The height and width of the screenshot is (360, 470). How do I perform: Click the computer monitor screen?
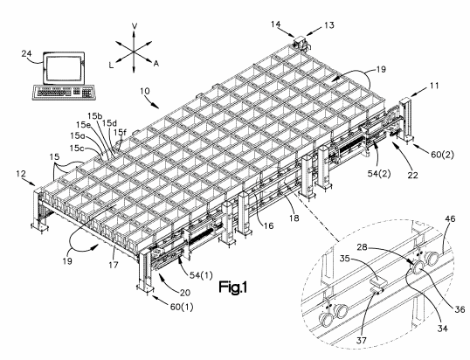pos(64,69)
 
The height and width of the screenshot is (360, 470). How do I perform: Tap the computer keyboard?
pos(64,92)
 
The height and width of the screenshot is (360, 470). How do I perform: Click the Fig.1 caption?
pos(232,287)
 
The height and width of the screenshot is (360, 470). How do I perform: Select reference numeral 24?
pos(27,53)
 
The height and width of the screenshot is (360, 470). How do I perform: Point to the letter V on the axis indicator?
pos(135,26)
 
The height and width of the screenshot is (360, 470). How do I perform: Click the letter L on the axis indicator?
pos(111,66)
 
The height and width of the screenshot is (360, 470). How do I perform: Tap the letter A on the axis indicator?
pos(156,64)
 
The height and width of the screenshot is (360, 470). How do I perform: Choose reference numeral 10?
pos(145,91)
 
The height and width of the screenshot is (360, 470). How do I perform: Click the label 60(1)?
pos(182,307)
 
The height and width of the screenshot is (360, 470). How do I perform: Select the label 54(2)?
pos(379,174)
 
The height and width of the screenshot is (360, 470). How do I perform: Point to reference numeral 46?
pos(450,218)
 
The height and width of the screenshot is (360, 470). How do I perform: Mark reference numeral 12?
pos(21,174)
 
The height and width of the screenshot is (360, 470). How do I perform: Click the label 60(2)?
pos(442,155)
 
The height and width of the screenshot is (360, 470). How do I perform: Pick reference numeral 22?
pos(412,175)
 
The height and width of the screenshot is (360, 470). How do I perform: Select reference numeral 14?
pos(276,24)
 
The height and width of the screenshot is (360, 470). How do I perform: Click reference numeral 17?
pos(114,265)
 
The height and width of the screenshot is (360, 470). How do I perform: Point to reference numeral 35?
pos(345,258)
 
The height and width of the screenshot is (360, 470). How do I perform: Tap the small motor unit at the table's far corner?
pos(301,43)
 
